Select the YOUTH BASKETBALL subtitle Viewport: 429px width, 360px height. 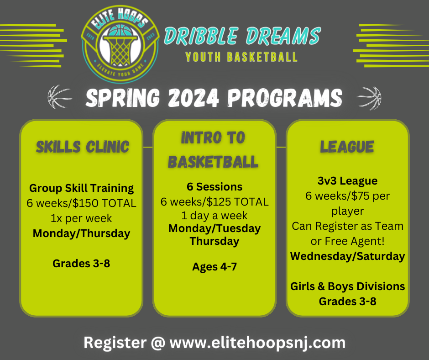241,57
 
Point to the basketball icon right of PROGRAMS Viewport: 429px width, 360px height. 369,97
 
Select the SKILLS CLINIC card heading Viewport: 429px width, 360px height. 83,147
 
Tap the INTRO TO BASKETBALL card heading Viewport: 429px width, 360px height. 213,149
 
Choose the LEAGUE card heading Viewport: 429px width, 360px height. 347,147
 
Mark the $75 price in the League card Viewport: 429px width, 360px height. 355,196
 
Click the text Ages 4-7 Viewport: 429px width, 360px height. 214,267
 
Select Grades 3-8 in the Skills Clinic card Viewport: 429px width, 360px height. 81,264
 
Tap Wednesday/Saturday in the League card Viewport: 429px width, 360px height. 347,256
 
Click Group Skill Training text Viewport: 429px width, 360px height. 81,188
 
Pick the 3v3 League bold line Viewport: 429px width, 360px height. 347,181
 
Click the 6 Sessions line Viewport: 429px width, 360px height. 214,186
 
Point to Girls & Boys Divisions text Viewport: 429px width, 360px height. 347,286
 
